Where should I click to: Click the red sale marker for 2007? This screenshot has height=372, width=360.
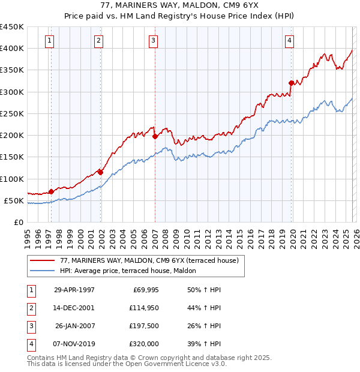155,136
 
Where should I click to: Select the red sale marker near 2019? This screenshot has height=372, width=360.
291,83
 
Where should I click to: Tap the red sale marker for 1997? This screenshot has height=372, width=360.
51,191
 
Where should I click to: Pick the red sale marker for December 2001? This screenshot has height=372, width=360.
100,172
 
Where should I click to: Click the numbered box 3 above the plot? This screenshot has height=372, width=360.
154,41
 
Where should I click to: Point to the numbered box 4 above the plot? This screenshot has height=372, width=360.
289,41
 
